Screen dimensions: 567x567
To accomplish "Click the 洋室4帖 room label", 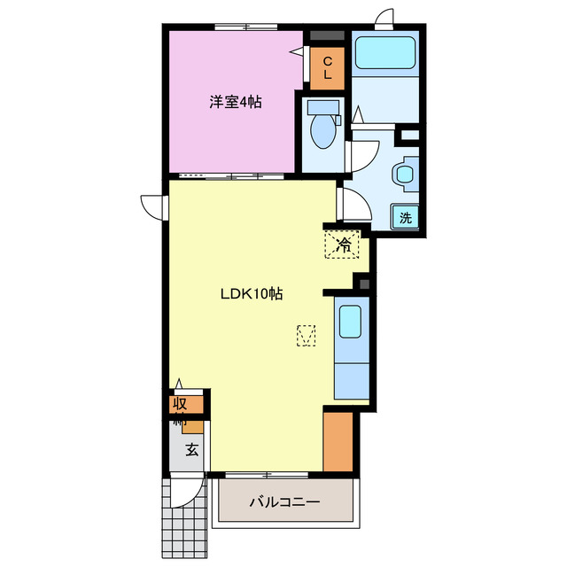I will click(x=235, y=102).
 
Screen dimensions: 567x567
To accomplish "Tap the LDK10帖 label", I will click(x=252, y=294).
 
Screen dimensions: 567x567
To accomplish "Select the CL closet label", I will click(x=327, y=68).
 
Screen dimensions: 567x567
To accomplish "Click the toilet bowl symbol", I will click(x=322, y=130).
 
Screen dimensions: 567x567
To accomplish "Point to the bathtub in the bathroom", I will click(x=384, y=55).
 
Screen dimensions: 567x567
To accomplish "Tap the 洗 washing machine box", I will click(x=405, y=217).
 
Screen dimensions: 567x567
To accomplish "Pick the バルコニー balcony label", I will click(x=283, y=502).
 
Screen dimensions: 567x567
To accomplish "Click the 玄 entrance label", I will click(x=191, y=449).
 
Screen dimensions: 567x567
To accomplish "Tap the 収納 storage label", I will click(x=181, y=413).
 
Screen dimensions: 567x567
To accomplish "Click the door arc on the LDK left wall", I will click(x=152, y=205).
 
